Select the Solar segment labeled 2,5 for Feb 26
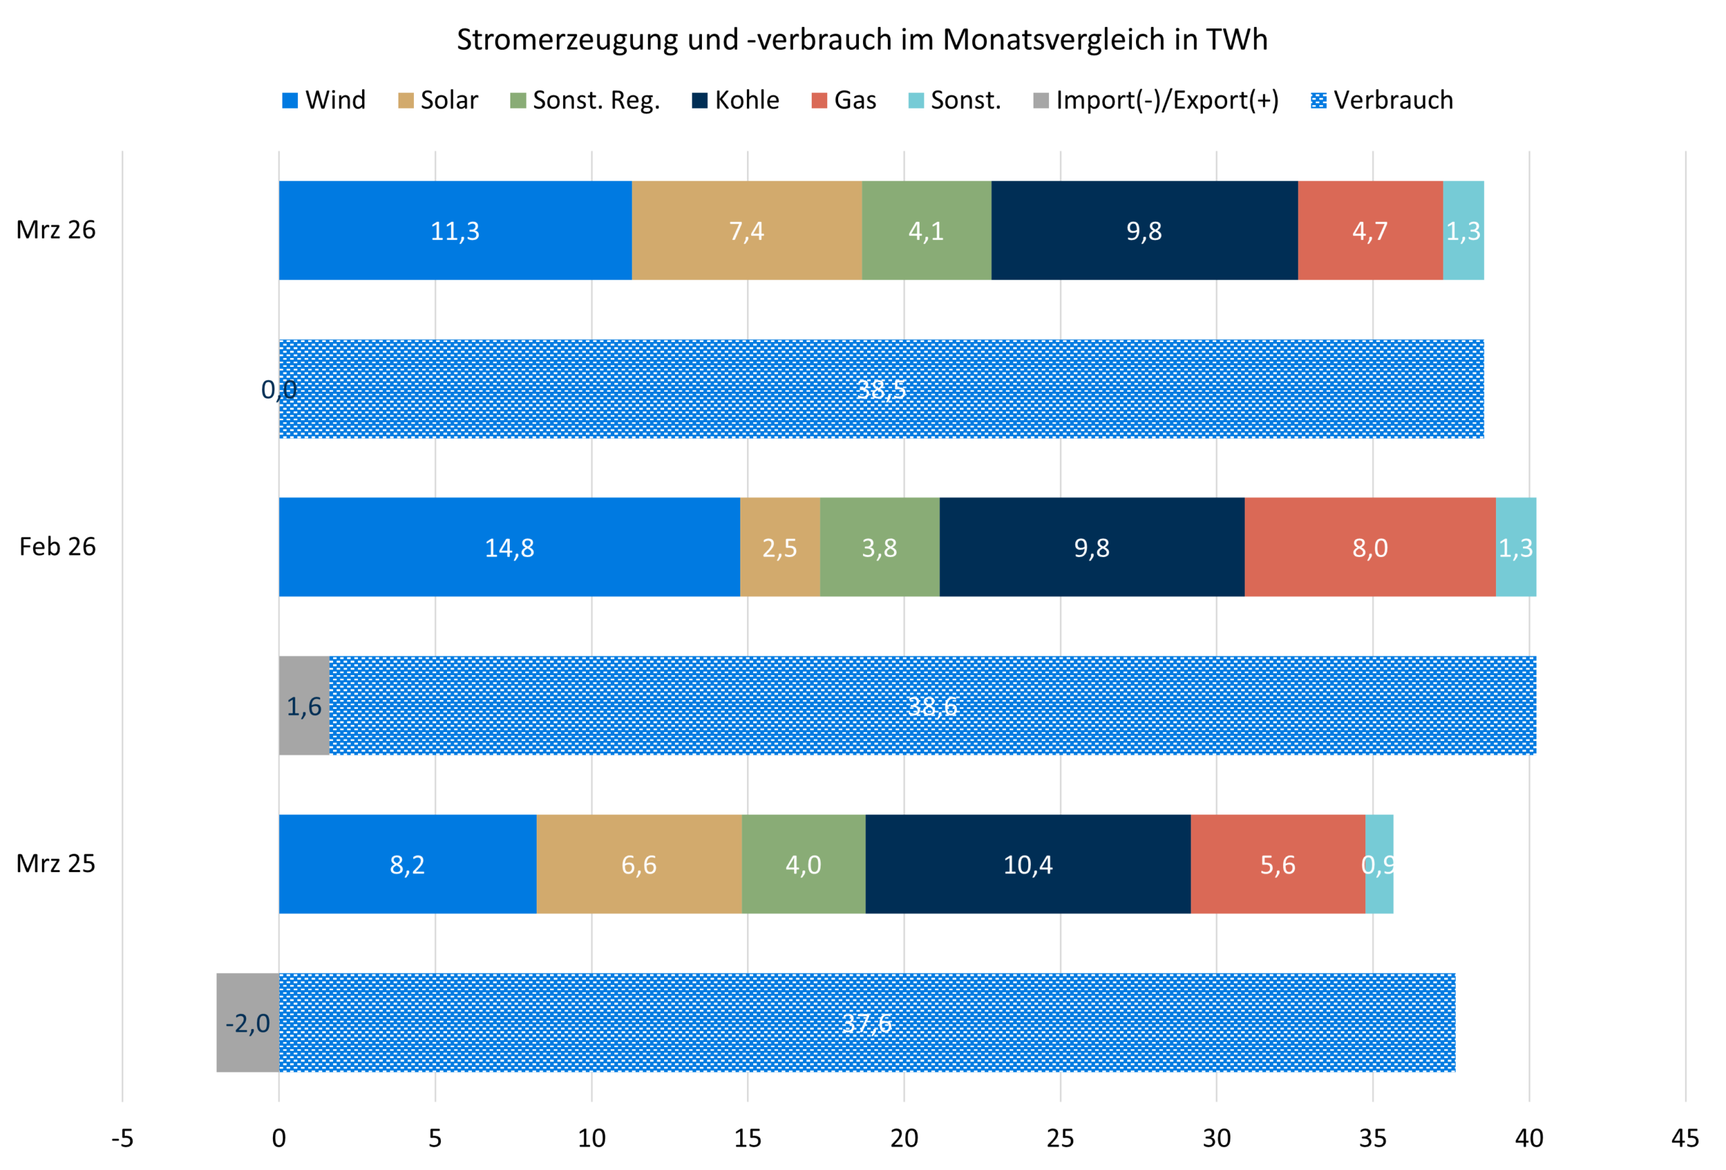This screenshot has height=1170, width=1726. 780,547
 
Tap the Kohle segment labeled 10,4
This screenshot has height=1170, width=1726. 1028,864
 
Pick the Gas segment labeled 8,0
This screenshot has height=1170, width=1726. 1369,547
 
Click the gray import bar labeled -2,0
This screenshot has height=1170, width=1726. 247,1023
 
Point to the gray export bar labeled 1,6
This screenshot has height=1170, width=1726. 304,706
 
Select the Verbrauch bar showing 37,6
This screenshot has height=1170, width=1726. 867,1023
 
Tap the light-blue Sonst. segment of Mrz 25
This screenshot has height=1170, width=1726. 1379,864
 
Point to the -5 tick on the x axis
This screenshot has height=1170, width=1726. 123,1138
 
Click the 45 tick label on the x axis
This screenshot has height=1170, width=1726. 1684,1138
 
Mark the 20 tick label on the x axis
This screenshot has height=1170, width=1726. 904,1138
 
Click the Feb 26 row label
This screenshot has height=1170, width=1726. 57,547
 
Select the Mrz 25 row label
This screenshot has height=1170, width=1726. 56,863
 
